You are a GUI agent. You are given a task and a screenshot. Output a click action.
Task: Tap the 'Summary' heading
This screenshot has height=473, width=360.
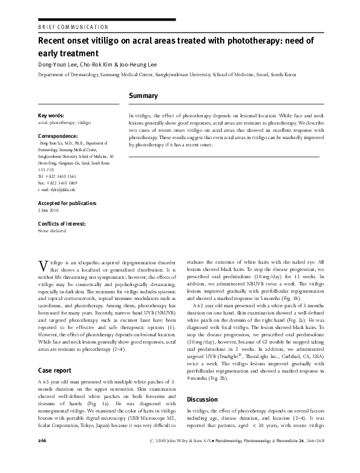click(x=143, y=96)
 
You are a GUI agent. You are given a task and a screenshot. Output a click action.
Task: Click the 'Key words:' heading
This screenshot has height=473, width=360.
click(x=53, y=115)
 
